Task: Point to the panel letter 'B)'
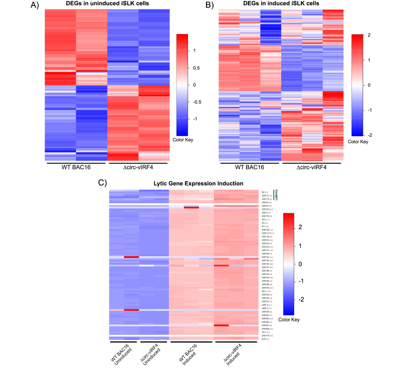(x=210, y=5)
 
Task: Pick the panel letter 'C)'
(x=103, y=183)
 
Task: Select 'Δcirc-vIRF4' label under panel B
(x=313, y=167)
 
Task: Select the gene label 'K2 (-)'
(x=265, y=192)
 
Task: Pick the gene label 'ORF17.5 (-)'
(x=268, y=233)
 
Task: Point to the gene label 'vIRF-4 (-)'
(x=267, y=305)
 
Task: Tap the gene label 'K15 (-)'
(x=265, y=339)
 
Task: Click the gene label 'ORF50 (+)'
(x=267, y=288)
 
